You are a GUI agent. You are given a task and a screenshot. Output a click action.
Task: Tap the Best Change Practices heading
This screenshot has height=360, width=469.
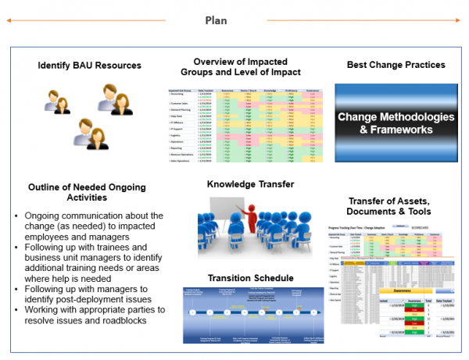pyautogui.click(x=396, y=65)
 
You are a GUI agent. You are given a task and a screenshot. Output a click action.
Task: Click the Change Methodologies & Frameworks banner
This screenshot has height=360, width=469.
pyautogui.click(x=396, y=123)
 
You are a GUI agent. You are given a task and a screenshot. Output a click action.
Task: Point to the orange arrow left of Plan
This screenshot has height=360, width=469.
pyautogui.click(x=98, y=20)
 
